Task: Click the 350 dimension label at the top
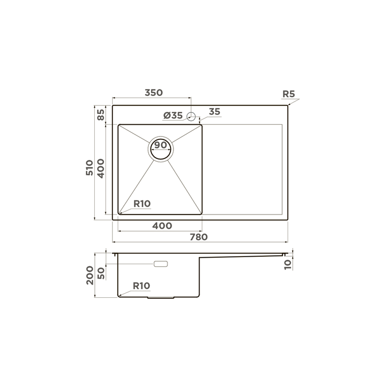(153, 93)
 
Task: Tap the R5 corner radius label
(288, 94)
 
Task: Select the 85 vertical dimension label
(101, 114)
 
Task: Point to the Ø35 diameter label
(172, 116)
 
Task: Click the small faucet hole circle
(190, 116)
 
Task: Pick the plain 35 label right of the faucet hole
(215, 112)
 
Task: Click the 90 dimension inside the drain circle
(160, 145)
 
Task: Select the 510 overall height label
(89, 166)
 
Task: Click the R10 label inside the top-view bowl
(142, 204)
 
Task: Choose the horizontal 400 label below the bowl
(162, 226)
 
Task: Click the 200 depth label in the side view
(89, 275)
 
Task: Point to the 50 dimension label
(101, 273)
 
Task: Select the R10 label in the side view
(141, 286)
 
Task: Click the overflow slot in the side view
(161, 264)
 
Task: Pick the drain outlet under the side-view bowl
(160, 298)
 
